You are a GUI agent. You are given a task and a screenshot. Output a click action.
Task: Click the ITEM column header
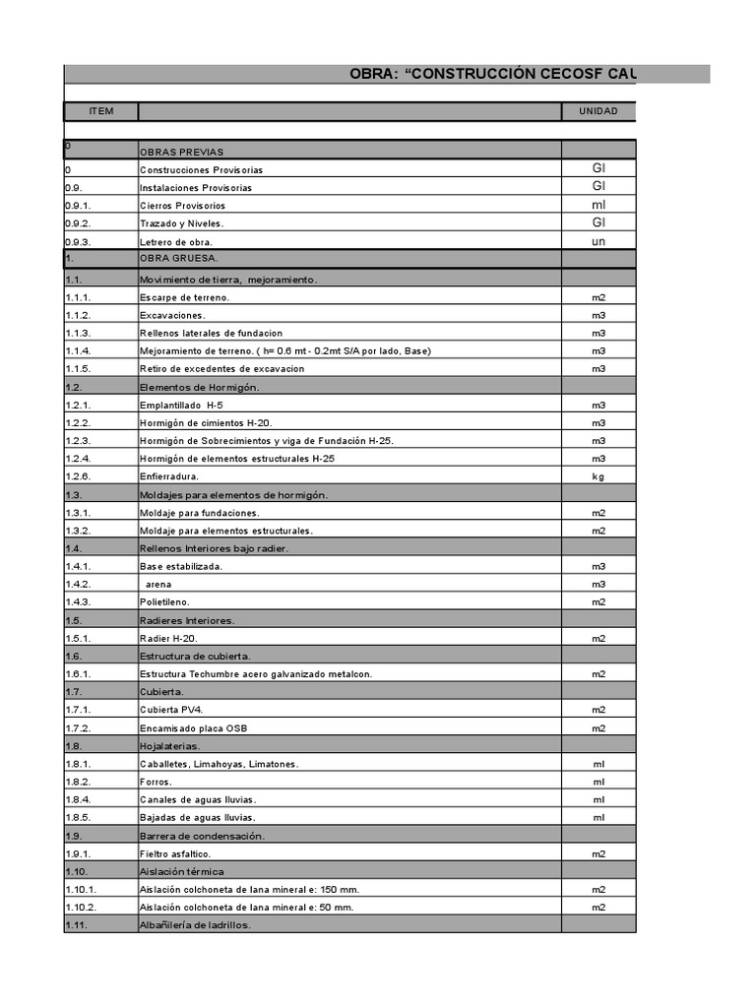click(100, 111)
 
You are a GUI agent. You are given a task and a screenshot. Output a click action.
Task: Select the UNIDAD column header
click(598, 111)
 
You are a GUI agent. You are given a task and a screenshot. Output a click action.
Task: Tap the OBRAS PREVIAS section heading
click(182, 152)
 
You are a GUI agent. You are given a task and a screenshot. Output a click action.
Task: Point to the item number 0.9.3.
click(78, 241)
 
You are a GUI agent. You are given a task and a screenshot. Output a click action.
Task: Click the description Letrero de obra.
click(176, 241)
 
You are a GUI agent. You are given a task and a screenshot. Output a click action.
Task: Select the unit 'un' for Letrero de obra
click(598, 241)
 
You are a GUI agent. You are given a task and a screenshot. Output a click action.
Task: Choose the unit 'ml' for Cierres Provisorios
click(598, 205)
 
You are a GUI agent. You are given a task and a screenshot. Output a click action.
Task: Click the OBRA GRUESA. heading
click(179, 259)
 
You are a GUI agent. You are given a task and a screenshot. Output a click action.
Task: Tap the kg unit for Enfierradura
click(598, 476)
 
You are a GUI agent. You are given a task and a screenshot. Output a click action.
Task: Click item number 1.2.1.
click(78, 405)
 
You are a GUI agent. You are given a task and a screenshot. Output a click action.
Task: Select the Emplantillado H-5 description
click(181, 405)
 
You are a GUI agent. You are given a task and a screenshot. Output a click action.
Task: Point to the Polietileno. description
click(164, 601)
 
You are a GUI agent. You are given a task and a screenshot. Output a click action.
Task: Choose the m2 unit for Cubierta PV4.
click(598, 709)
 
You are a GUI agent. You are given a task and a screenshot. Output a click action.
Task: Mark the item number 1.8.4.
click(78, 799)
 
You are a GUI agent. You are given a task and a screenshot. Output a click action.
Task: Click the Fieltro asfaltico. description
click(175, 853)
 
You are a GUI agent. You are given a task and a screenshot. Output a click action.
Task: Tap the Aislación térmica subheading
click(181, 871)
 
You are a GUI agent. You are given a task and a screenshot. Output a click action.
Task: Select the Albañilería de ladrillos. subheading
click(196, 924)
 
